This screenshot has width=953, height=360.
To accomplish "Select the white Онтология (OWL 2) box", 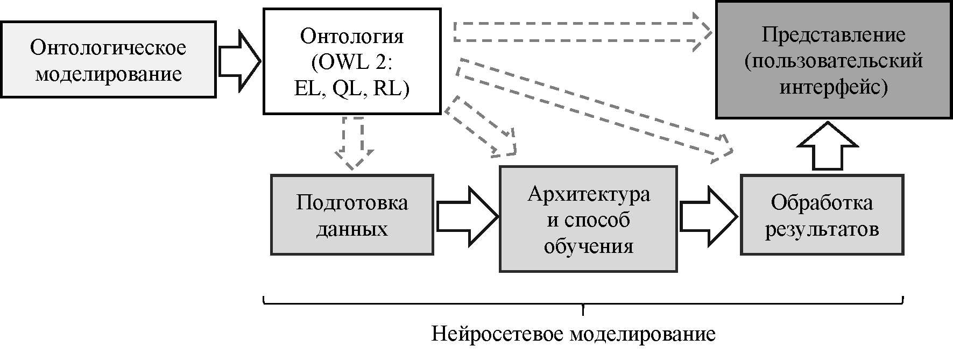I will [x=351, y=61].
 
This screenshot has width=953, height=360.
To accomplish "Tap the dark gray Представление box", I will [x=833, y=60].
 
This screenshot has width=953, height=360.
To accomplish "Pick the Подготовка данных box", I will [x=352, y=214].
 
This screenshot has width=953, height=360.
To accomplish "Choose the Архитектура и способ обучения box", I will [x=588, y=219].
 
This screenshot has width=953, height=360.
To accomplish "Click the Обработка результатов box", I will [x=821, y=214].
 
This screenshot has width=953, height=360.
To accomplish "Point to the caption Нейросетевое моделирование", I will [x=573, y=334].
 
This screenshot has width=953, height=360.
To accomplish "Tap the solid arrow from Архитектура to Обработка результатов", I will [x=708, y=216].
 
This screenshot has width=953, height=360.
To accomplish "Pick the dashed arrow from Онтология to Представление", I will [x=581, y=32].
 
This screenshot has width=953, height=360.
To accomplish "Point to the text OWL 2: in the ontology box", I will [x=352, y=62].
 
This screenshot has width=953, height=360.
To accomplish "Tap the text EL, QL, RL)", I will [x=352, y=89].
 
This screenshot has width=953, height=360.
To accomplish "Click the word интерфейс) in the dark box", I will [x=833, y=86].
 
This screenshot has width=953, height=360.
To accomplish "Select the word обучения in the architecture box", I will [x=588, y=246].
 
